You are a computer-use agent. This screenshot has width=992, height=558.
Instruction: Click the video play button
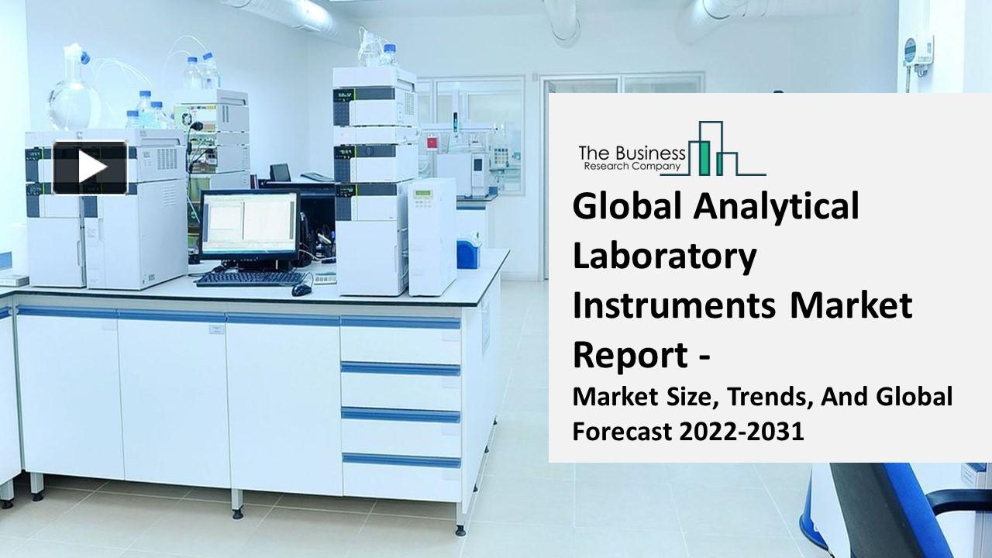[90, 167]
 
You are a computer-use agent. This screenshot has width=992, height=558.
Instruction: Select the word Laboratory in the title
[664, 257]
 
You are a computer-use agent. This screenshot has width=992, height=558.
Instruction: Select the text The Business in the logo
[632, 153]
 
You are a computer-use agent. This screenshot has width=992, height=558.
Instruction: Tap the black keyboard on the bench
[251, 278]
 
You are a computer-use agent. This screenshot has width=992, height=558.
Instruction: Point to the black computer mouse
[301, 290]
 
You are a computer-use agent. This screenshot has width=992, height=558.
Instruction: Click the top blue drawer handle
[400, 322]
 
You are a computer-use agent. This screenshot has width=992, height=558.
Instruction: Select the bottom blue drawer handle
[401, 460]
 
